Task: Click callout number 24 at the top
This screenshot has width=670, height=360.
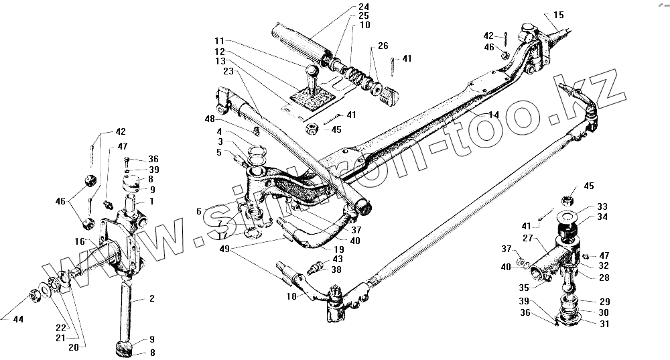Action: click(x=364, y=7)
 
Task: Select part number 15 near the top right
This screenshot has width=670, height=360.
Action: click(x=559, y=14)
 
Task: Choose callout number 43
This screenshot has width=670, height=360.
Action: click(x=337, y=259)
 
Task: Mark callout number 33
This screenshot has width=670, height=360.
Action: click(x=602, y=206)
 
